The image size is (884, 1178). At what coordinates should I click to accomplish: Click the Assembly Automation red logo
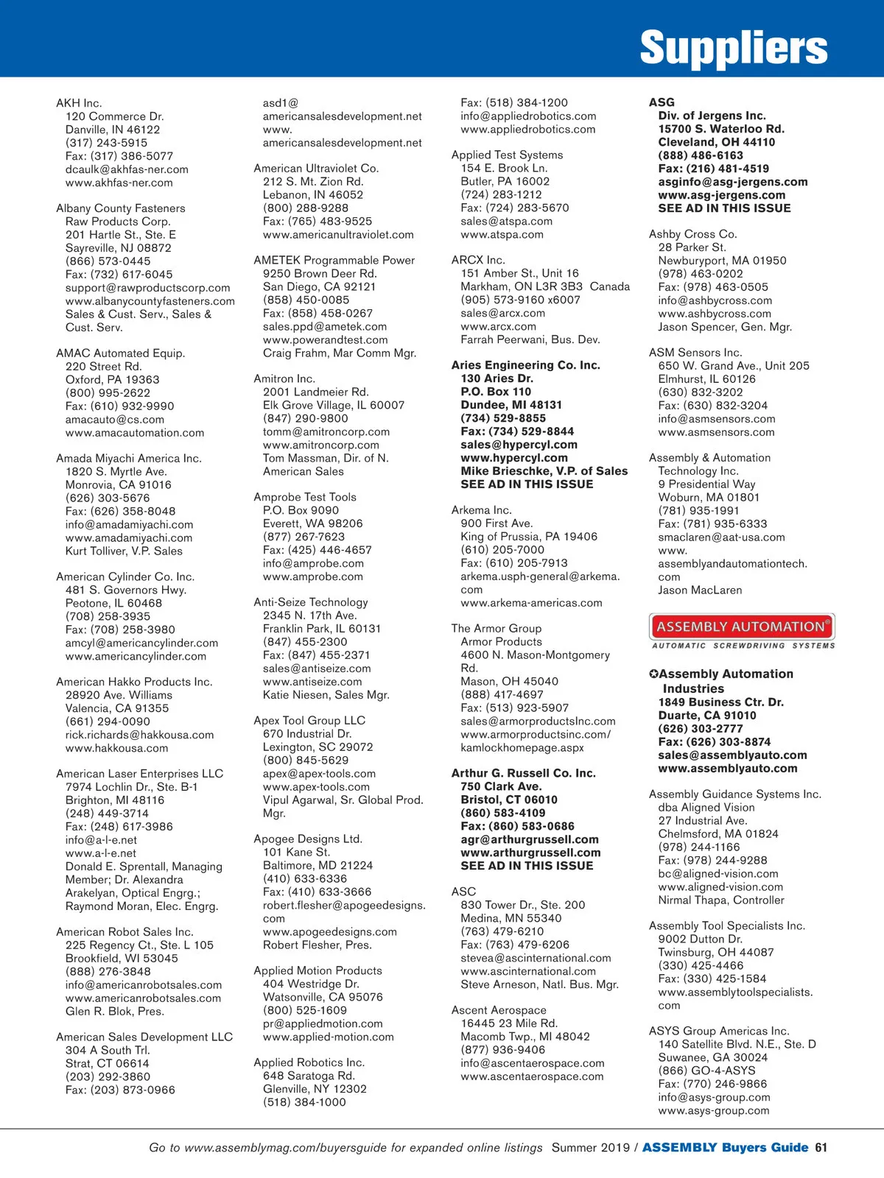tap(741, 627)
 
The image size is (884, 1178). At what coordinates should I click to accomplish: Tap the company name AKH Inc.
tap(79, 103)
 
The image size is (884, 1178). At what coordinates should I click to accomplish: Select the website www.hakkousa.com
tap(116, 748)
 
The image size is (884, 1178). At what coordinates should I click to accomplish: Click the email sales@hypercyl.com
tap(519, 445)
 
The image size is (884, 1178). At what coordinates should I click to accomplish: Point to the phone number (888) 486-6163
tap(701, 155)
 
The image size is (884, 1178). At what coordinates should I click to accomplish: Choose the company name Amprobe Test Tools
tap(305, 497)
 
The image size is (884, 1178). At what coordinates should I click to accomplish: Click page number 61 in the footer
tap(821, 1147)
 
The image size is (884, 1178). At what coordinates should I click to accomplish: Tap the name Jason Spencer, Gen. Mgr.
tap(725, 327)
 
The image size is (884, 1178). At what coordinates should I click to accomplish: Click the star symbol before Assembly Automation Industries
tap(653, 674)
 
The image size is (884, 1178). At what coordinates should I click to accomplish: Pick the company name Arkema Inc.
tap(481, 510)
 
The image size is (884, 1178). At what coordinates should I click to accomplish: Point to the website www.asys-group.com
tap(713, 1110)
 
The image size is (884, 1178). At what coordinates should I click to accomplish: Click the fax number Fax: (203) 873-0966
tap(120, 1090)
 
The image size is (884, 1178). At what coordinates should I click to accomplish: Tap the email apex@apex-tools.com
tap(319, 774)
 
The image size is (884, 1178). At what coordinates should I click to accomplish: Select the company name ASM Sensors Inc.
tap(695, 353)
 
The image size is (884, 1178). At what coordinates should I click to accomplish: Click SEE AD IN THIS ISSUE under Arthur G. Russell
tap(527, 866)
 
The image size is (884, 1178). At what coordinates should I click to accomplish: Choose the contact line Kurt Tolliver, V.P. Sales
tap(124, 551)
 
